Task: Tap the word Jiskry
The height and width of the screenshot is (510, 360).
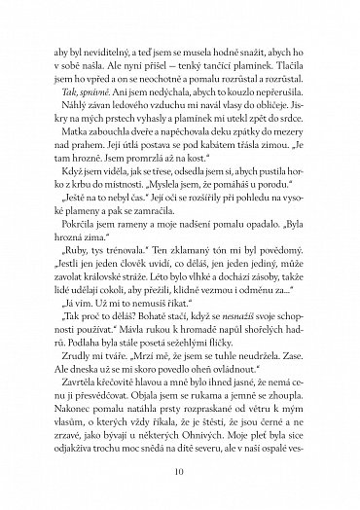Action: (x=304, y=111)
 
